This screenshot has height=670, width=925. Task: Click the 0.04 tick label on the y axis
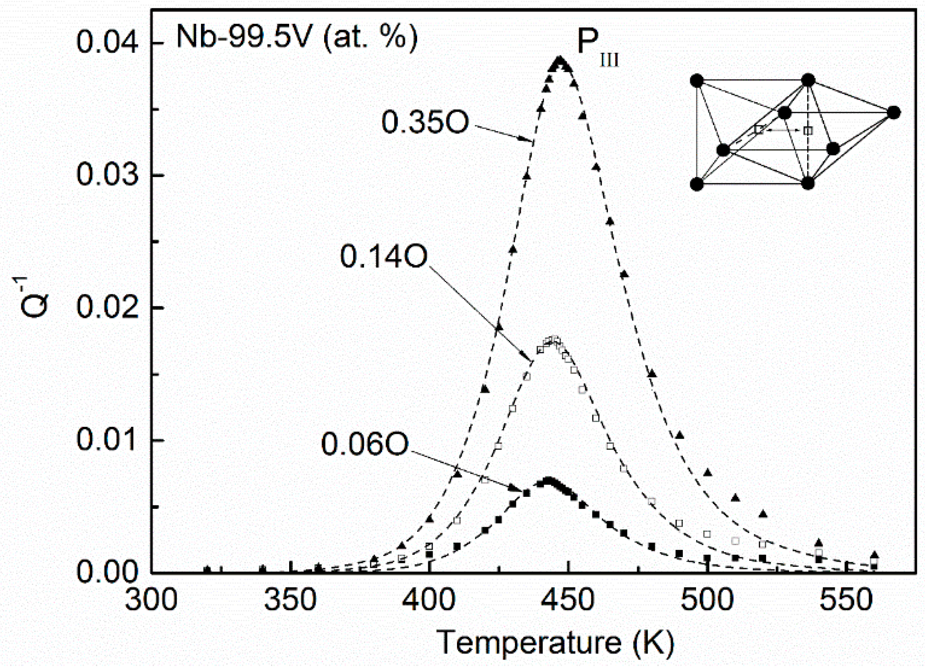click(x=107, y=43)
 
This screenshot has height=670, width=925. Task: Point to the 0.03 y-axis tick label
click(x=107, y=174)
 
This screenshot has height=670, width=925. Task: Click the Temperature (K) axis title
click(x=555, y=643)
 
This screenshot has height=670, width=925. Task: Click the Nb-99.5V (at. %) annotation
click(x=297, y=37)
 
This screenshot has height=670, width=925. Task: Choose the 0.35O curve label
click(x=425, y=122)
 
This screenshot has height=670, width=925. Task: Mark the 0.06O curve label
click(x=364, y=444)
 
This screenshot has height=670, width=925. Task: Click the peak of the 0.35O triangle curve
click(x=560, y=61)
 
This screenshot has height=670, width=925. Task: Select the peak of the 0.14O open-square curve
click(x=553, y=339)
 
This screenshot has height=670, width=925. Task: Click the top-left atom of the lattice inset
click(x=697, y=81)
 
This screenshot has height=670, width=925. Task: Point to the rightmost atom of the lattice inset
click(x=894, y=112)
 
